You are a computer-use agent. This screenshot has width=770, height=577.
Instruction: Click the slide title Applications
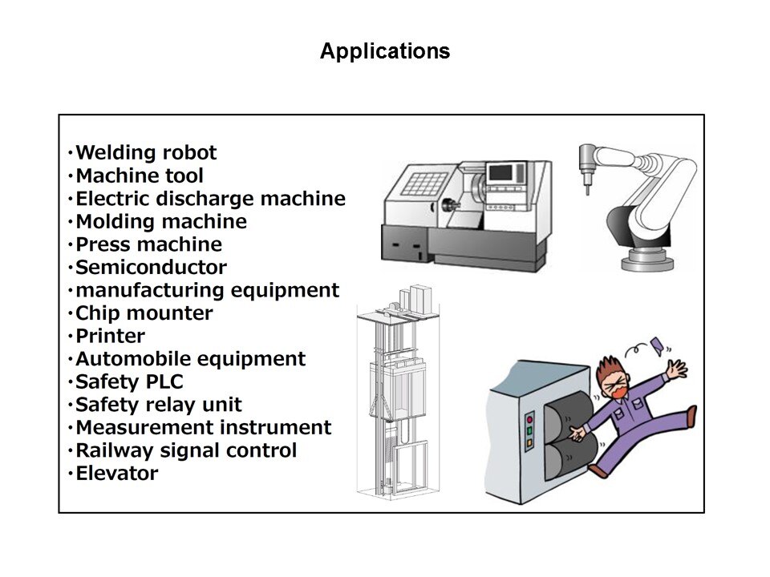tap(385, 52)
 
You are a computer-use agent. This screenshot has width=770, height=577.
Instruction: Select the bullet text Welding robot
tap(145, 152)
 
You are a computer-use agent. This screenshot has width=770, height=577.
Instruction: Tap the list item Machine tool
tap(139, 176)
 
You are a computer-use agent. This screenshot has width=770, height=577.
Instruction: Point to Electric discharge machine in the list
tap(209, 198)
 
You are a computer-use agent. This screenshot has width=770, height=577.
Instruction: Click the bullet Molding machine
tap(160, 221)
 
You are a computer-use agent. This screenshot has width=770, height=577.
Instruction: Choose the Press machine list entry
tap(148, 244)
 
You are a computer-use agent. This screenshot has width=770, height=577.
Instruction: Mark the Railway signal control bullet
tap(185, 450)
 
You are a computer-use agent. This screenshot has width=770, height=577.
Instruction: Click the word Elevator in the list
tap(116, 474)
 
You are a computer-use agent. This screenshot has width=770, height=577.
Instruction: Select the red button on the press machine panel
tap(529, 418)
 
